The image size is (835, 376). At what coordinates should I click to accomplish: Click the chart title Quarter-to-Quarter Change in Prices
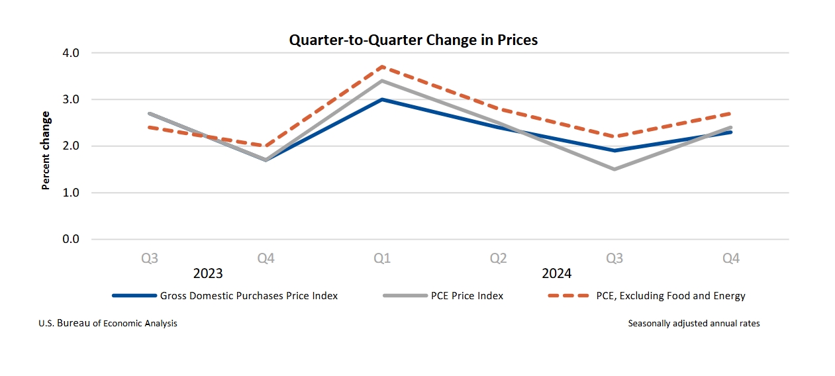click(x=413, y=40)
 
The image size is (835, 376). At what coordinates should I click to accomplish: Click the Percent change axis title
click(x=46, y=150)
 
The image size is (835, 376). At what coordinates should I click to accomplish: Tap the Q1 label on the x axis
click(x=382, y=258)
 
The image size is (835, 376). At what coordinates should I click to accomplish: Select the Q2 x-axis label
click(x=498, y=258)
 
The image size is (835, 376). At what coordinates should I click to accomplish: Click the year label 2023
click(x=207, y=273)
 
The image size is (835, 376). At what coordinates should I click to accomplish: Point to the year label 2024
click(x=556, y=273)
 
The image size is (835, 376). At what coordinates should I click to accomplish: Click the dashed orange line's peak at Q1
click(x=382, y=67)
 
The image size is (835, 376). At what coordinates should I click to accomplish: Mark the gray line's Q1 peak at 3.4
click(x=382, y=81)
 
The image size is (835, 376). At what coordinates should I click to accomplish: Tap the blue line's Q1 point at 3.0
click(x=382, y=99)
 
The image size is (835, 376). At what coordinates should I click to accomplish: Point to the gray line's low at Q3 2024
click(x=614, y=169)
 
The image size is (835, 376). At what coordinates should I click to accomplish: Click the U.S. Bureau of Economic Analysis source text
click(x=108, y=324)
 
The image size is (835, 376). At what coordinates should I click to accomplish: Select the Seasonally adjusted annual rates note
click(x=694, y=324)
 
